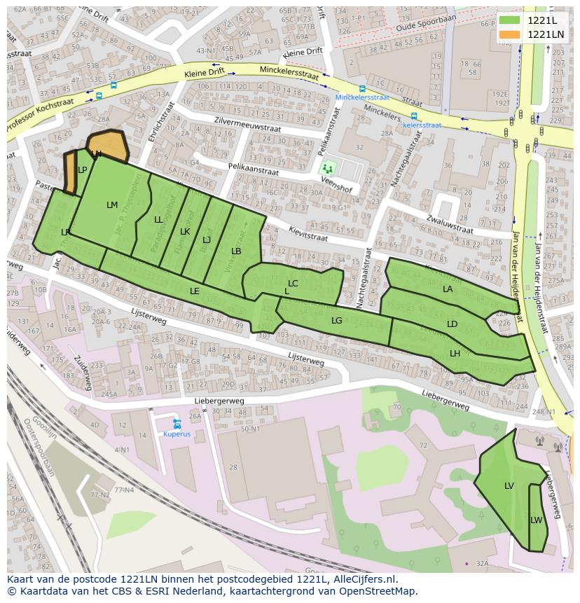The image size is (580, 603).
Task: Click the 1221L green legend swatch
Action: [x=510, y=20]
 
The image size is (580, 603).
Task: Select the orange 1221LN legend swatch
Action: [x=510, y=34]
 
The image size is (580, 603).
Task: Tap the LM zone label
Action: [x=112, y=205]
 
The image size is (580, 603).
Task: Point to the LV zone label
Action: [x=509, y=485]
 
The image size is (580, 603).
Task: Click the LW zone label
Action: [x=536, y=520]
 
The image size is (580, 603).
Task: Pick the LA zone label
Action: [x=448, y=289]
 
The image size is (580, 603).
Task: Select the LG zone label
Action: [x=336, y=320]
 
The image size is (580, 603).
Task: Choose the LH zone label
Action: [x=455, y=353]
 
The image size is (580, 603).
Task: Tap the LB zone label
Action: [x=236, y=251]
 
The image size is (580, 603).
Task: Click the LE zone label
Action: [x=194, y=291]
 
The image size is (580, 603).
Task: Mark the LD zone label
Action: [x=452, y=324]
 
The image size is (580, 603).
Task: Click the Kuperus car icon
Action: [x=177, y=424]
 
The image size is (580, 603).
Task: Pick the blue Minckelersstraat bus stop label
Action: [x=361, y=98]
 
